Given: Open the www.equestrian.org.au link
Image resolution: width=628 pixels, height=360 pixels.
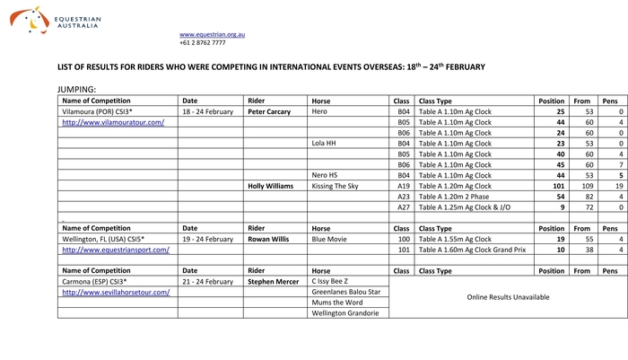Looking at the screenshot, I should click(x=212, y=34).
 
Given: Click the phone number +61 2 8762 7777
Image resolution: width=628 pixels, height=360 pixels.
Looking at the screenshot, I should click(x=203, y=43).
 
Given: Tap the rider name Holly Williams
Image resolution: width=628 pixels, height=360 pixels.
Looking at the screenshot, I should click(x=270, y=186).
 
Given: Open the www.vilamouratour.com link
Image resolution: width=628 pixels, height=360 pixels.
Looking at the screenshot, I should click(x=112, y=122).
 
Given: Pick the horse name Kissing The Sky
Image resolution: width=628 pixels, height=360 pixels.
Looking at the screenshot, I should click(x=335, y=186).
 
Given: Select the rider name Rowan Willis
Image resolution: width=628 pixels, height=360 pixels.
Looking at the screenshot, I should click(x=268, y=240).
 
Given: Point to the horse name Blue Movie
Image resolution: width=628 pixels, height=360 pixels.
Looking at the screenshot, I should click(x=330, y=240).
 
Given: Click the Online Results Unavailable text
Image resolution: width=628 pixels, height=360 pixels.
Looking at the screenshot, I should click(x=508, y=297).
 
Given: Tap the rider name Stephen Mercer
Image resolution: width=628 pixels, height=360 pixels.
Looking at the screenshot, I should click(x=272, y=281).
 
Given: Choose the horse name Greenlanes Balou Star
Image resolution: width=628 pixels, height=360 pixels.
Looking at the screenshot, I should click(x=345, y=292).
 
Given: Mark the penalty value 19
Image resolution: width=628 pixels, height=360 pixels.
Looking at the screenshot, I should click(x=618, y=186).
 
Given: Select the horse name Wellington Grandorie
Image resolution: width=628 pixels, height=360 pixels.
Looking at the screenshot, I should click(x=345, y=313).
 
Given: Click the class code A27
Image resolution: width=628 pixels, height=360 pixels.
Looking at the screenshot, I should click(x=403, y=207).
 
